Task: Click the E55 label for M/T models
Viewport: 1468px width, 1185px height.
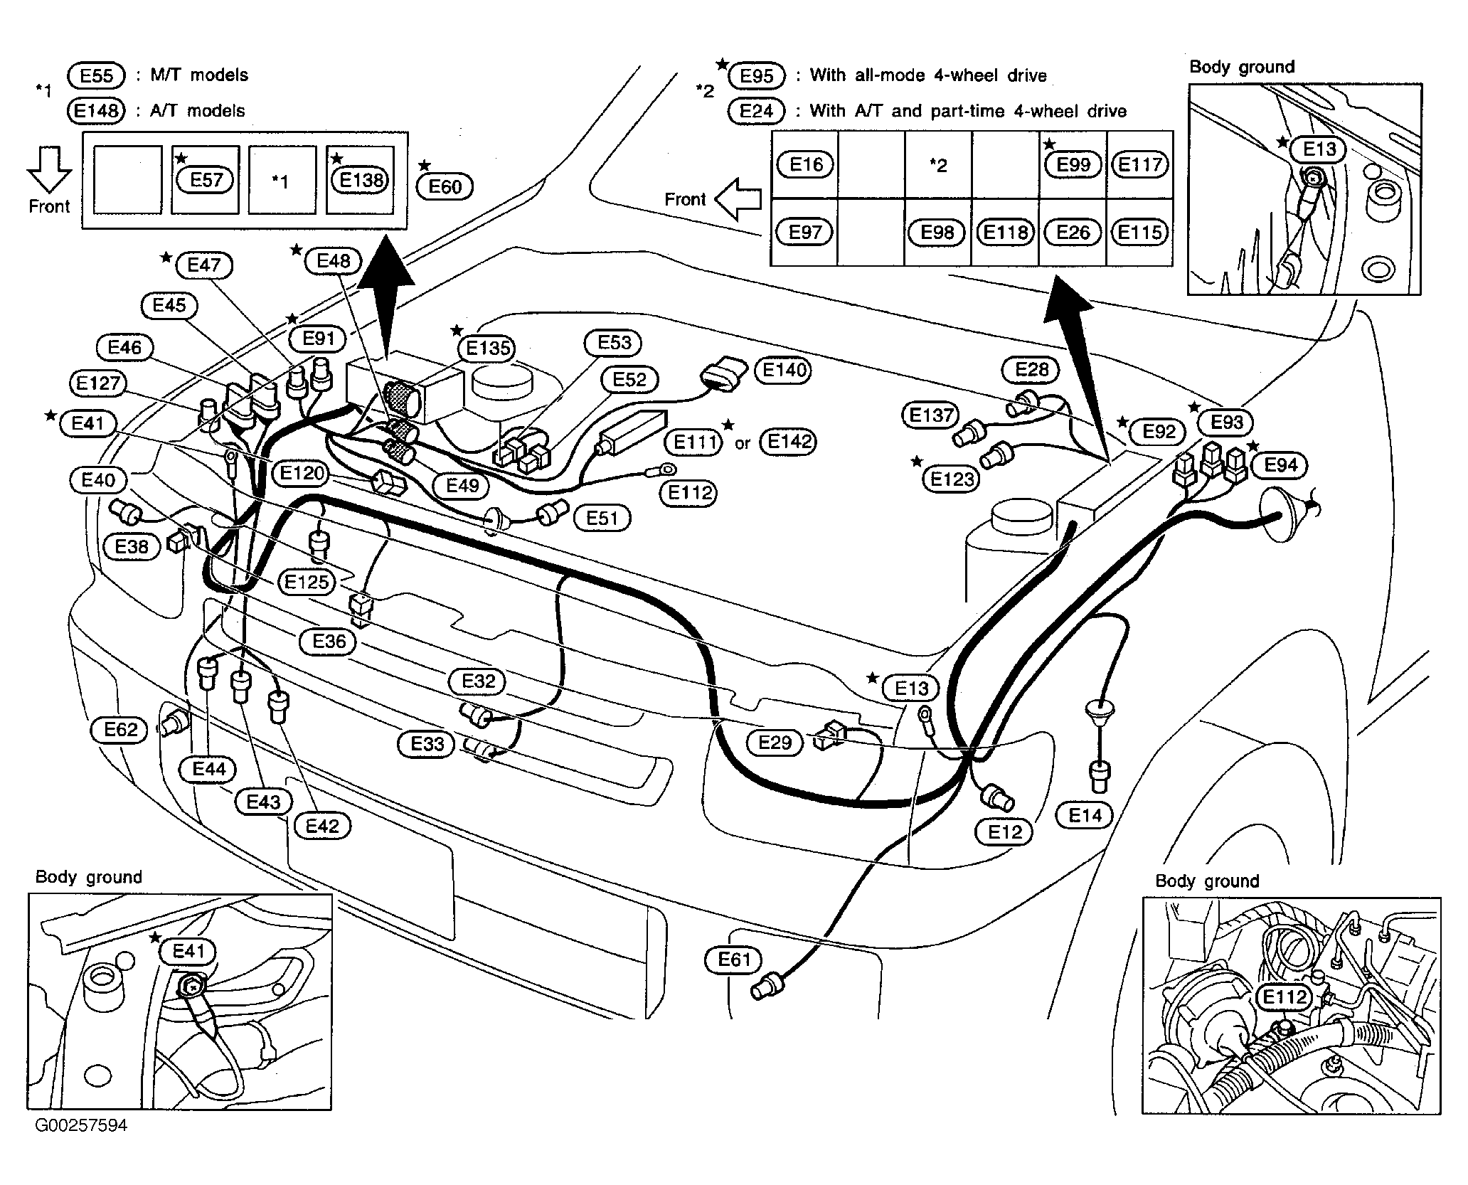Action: click(x=96, y=75)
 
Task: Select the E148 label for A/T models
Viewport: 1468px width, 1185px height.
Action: click(x=96, y=111)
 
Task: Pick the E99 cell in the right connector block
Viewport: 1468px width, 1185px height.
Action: click(x=1073, y=165)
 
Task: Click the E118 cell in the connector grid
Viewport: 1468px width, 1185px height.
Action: click(x=1005, y=233)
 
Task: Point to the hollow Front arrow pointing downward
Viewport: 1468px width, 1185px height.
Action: click(x=49, y=169)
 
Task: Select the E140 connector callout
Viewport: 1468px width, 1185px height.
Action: click(x=784, y=370)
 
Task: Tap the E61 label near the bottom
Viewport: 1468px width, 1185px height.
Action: click(x=733, y=960)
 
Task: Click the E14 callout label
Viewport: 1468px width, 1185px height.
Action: click(x=1085, y=815)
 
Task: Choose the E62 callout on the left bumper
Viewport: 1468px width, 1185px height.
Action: click(x=120, y=730)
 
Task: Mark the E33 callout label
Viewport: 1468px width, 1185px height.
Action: click(x=427, y=745)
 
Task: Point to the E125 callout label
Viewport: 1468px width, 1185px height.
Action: click(x=307, y=583)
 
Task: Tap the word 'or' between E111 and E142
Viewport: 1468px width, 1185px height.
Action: click(x=743, y=444)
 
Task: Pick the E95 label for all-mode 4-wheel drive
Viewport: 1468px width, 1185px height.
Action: click(x=757, y=75)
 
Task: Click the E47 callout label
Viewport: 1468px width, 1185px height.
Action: click(x=204, y=265)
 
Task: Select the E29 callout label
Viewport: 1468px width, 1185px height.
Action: click(x=775, y=743)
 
